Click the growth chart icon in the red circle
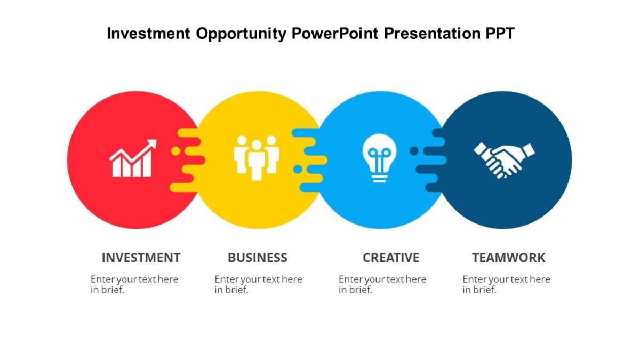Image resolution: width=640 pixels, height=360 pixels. (x=132, y=159)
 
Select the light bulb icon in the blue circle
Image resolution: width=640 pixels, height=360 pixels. (x=379, y=157)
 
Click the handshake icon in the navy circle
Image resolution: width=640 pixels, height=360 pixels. (x=504, y=158)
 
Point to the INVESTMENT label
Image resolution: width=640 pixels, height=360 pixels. (x=141, y=258)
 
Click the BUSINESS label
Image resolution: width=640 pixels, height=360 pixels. (x=257, y=258)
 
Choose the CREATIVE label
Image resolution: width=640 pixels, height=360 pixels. (x=391, y=258)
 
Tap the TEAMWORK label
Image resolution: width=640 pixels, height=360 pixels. (x=508, y=258)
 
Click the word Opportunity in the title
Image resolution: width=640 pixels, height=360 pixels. (x=242, y=34)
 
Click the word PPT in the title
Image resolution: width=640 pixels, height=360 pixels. (x=500, y=34)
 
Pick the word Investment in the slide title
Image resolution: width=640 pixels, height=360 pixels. (x=149, y=34)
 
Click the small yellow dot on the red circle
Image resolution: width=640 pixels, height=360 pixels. (x=175, y=151)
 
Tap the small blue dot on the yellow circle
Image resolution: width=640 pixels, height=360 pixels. (x=298, y=169)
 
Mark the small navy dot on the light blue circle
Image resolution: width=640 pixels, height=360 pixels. (x=414, y=151)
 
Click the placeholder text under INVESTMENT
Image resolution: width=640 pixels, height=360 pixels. (x=134, y=284)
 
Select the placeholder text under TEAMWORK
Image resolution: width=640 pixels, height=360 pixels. (x=506, y=284)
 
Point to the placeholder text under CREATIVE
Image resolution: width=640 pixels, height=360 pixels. (x=382, y=284)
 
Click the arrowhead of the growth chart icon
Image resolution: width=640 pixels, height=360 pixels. (x=152, y=144)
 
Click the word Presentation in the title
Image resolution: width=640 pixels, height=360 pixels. (x=432, y=34)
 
